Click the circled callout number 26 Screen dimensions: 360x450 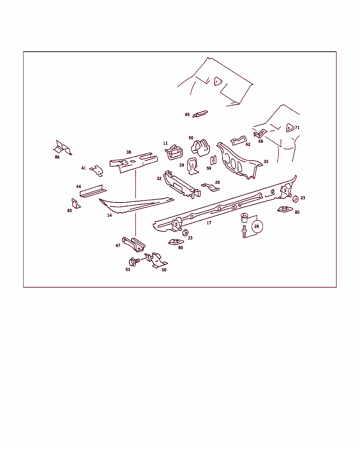[x=257, y=226]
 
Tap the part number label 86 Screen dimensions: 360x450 [x=57, y=157]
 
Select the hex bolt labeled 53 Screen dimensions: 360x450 [x=134, y=262]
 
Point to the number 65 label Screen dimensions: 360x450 [x=187, y=115]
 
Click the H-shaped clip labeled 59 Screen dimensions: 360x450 [x=213, y=160]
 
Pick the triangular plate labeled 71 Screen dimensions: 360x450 [x=290, y=128]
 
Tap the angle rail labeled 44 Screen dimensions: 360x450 [x=93, y=192]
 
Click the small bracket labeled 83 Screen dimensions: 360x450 [x=76, y=204]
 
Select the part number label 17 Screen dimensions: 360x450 [x=209, y=223]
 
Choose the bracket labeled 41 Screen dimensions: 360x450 [x=97, y=171]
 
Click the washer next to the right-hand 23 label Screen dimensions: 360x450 [x=295, y=199]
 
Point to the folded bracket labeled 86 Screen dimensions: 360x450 [x=63, y=148]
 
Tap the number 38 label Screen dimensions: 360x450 [x=129, y=152]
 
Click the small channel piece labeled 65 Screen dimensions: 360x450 [x=200, y=114]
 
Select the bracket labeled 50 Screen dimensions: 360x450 [x=156, y=261]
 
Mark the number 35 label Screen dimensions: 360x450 [x=266, y=162]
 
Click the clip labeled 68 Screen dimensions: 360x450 [x=260, y=133]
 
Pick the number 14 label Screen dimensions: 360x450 [x=109, y=216]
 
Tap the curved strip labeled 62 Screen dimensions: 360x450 [x=239, y=141]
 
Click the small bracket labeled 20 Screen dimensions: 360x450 [x=210, y=187]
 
